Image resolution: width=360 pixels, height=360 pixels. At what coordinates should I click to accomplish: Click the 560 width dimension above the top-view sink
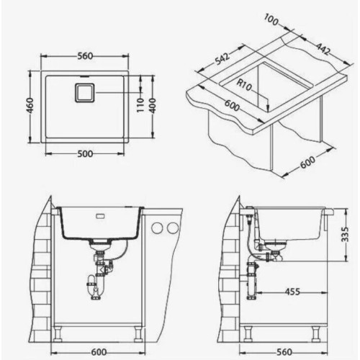85,56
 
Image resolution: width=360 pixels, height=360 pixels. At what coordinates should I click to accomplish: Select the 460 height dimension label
30,106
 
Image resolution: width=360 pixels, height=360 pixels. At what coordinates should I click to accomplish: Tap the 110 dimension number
140,105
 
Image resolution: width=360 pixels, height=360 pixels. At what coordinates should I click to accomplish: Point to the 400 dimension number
153,105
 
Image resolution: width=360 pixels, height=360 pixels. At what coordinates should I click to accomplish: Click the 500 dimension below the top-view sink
85,154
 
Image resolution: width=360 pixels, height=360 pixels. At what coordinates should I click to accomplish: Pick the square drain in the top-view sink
85,93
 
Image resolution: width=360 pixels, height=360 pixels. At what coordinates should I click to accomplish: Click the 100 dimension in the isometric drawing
271,19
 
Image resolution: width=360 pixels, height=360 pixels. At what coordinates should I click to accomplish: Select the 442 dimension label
323,49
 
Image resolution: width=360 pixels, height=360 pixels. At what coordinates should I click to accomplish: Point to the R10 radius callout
244,85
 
